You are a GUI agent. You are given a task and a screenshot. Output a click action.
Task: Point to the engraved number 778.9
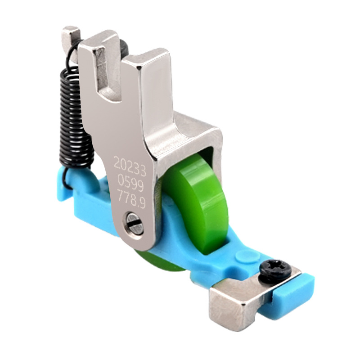click(x=132, y=198)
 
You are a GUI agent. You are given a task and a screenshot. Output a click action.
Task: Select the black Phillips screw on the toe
click(x=274, y=268)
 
